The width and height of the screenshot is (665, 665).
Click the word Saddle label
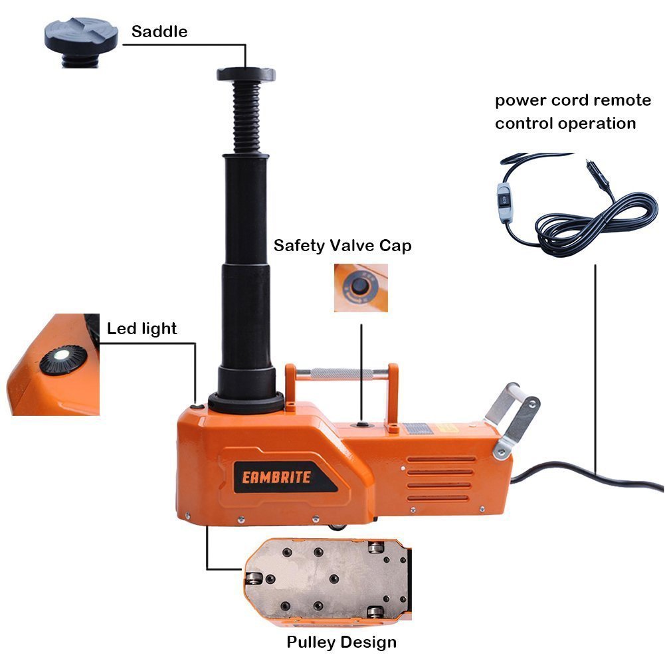click(x=159, y=31)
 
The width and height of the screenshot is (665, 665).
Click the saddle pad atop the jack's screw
click(x=245, y=74)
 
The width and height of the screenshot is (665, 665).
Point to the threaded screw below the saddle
click(x=245, y=120)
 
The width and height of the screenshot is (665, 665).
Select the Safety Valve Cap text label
click(x=343, y=246)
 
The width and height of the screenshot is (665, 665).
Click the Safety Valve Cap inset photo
click(x=360, y=286)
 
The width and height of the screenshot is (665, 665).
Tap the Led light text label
click(x=142, y=328)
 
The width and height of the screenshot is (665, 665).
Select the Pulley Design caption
click(x=341, y=642)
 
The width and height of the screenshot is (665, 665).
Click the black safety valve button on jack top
click(x=361, y=423)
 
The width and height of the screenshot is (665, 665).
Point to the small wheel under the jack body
click(x=338, y=526)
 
